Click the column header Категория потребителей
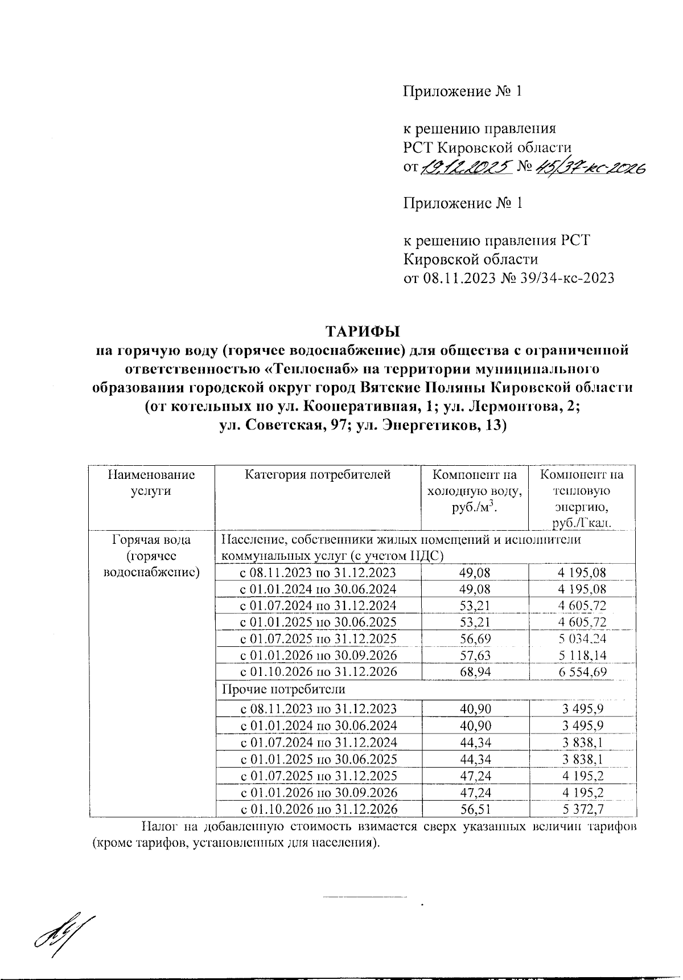click(x=318, y=475)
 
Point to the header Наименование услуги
click(x=151, y=483)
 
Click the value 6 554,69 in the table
click(x=582, y=672)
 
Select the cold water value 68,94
click(x=475, y=672)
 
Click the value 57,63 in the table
click(x=475, y=655)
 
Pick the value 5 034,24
click(x=582, y=639)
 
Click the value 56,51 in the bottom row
click(x=475, y=809)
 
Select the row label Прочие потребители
click(x=283, y=689)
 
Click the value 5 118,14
click(x=582, y=655)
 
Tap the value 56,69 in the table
click(x=475, y=639)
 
